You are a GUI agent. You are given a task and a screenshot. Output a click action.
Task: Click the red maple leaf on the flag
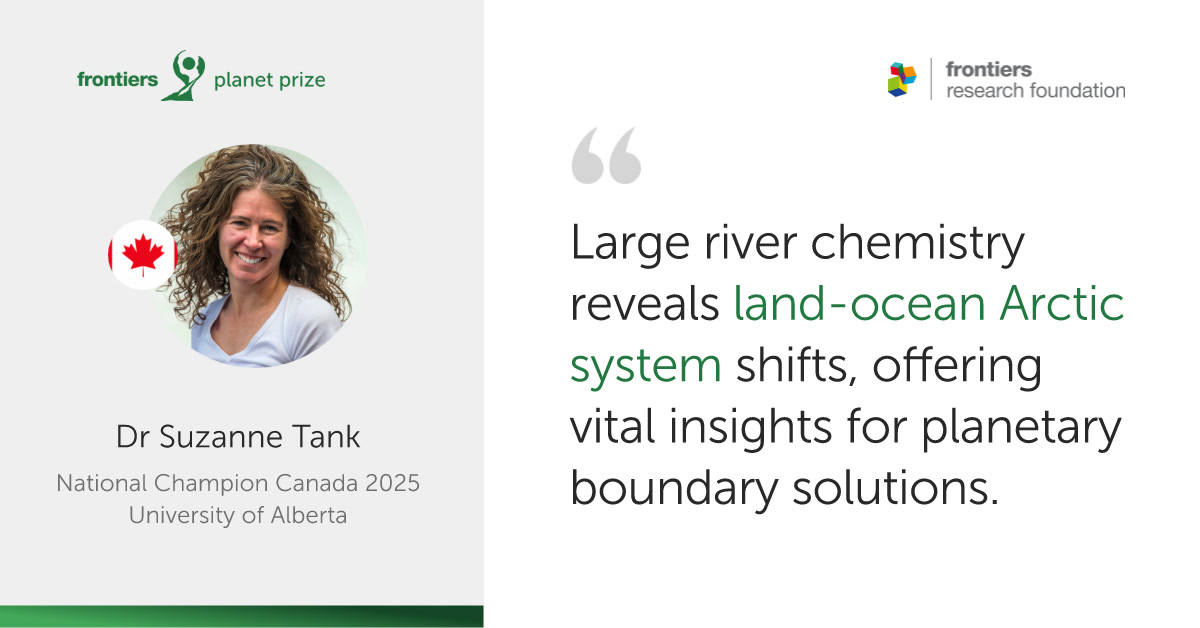click(x=143, y=255)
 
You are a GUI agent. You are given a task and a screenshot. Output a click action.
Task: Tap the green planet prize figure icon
click(x=185, y=76)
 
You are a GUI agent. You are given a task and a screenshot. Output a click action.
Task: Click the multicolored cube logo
click(x=902, y=79)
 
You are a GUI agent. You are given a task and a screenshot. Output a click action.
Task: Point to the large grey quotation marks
click(x=606, y=155)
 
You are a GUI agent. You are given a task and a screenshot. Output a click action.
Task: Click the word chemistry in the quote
click(x=917, y=244)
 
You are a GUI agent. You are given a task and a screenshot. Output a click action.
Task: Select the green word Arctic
click(x=1062, y=303)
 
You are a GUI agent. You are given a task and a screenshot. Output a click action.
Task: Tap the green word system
click(x=646, y=366)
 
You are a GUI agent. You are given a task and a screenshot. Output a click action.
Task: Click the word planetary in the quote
click(x=1021, y=428)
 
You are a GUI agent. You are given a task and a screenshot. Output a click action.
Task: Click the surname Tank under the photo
click(x=327, y=437)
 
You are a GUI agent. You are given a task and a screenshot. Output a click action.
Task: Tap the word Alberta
click(x=309, y=515)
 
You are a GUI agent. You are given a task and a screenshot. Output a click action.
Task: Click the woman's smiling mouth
click(x=250, y=258)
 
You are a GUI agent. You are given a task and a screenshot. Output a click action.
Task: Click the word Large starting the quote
click(x=630, y=244)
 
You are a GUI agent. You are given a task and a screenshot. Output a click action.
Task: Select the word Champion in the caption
click(x=210, y=484)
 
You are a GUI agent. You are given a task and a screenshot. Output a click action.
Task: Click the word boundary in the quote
click(x=674, y=488)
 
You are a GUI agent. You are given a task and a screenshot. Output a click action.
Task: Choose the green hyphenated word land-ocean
click(x=859, y=303)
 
